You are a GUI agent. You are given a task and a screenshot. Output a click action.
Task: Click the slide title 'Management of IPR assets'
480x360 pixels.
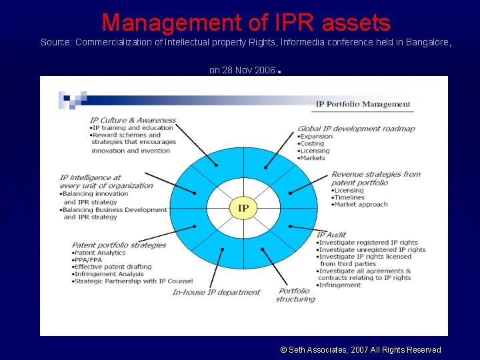pyautogui.click(x=246, y=23)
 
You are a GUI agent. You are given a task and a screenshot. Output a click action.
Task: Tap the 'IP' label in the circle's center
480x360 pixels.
pyautogui.click(x=243, y=209)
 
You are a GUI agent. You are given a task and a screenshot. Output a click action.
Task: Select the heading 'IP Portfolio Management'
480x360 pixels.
pyautogui.click(x=363, y=104)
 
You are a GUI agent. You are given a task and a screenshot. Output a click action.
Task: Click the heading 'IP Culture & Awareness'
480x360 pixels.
pyautogui.click(x=133, y=120)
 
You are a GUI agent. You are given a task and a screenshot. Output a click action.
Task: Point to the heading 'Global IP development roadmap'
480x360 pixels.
pyautogui.click(x=356, y=129)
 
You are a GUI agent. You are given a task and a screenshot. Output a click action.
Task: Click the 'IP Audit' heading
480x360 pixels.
pyautogui.click(x=331, y=235)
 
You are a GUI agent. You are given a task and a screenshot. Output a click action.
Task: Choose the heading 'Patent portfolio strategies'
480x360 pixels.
pyautogui.click(x=119, y=245)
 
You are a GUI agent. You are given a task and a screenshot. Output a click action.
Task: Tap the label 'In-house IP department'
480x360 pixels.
pyautogui.click(x=216, y=292)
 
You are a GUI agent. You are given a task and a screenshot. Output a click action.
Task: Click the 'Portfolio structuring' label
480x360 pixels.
pyautogui.click(x=295, y=295)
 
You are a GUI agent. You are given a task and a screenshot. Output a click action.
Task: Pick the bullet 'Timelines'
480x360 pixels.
pyautogui.click(x=349, y=197)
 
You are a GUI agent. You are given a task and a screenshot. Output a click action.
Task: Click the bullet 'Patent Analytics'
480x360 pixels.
pyautogui.click(x=100, y=253)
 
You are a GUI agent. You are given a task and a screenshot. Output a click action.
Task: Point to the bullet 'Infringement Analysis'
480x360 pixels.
pyautogui.click(x=109, y=274)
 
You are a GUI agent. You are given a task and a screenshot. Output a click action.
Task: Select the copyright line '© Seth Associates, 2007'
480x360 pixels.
pyautogui.click(x=361, y=349)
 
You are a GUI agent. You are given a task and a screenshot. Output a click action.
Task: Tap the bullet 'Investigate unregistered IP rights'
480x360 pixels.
pyautogui.click(x=372, y=249)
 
